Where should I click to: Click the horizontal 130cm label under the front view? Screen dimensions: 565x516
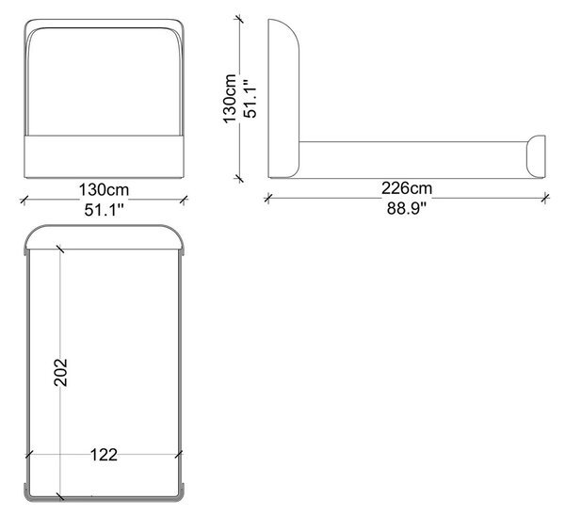(104, 189)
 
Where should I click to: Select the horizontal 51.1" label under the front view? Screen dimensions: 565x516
(105, 210)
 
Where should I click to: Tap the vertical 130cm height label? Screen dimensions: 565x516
(230, 99)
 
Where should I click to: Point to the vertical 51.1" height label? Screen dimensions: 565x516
(250, 99)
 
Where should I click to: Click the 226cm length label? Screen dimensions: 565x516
(407, 188)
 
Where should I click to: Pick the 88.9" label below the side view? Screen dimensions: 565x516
(407, 208)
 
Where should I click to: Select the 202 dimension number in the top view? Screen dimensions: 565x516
(60, 373)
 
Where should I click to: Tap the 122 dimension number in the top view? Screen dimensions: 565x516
(104, 455)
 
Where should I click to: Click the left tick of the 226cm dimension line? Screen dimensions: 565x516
(267, 198)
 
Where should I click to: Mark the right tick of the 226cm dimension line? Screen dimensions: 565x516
(545, 198)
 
